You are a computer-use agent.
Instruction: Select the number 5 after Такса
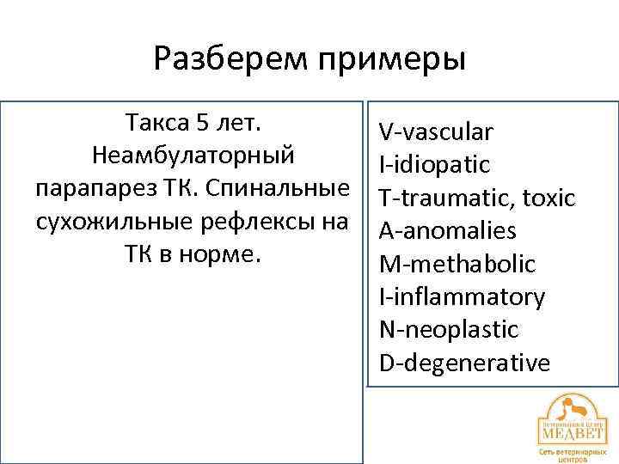202,123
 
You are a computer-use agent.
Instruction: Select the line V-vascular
436,132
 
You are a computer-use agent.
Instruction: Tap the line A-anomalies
447,231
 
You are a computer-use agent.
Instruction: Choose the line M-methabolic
457,264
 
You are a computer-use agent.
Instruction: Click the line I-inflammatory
462,297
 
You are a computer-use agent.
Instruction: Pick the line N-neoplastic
449,330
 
